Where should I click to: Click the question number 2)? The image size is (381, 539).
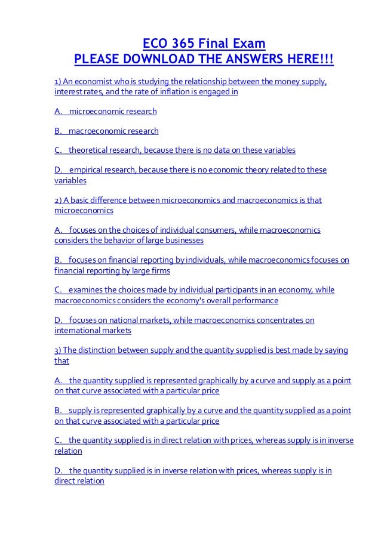tap(59, 200)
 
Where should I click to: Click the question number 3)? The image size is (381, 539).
tap(59, 350)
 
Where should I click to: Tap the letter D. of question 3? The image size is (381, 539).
tap(59, 471)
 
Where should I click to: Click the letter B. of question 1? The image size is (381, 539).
tap(59, 131)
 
